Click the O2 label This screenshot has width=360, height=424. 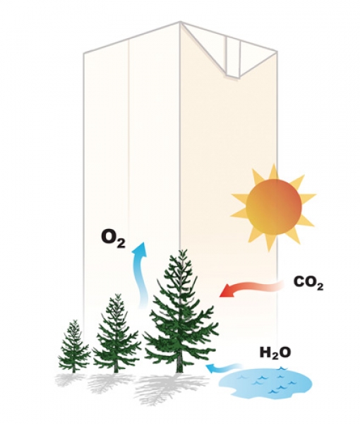(x=114, y=238)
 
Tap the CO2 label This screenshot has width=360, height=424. (x=308, y=283)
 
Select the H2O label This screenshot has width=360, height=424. (x=275, y=353)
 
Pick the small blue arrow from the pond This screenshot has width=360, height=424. (x=223, y=367)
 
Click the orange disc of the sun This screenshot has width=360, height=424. (x=273, y=207)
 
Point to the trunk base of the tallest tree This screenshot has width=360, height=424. (x=179, y=370)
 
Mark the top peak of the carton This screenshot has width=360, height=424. (x=180, y=22)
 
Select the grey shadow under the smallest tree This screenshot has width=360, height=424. (x=70, y=380)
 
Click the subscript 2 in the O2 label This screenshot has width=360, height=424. (x=121, y=244)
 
